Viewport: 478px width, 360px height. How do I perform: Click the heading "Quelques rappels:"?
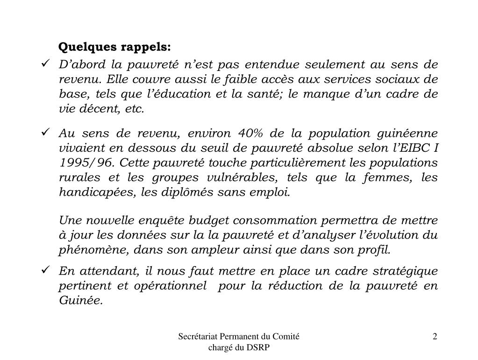tap(115, 47)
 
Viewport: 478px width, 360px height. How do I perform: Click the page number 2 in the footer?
tap(435, 337)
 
